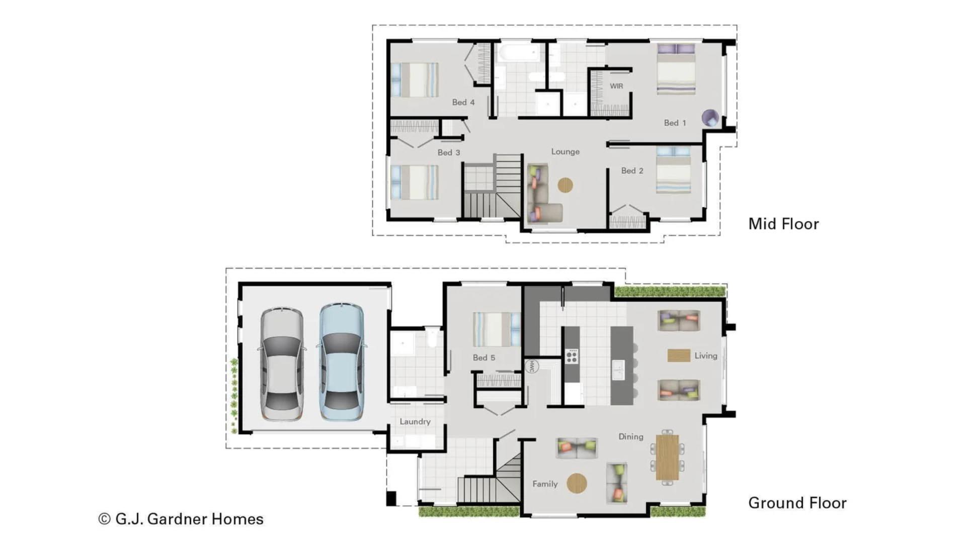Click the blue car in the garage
coord(342,362)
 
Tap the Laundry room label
coord(415,421)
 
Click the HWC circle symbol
coord(532,366)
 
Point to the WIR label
coord(616,86)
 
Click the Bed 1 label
coord(675,123)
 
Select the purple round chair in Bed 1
coord(710,118)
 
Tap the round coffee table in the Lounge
coord(566,185)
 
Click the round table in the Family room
coord(577,483)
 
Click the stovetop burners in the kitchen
coord(572,356)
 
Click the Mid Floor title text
coord(783,224)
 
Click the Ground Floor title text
coord(797,503)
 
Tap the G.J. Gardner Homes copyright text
coord(181,519)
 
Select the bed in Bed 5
coord(496,329)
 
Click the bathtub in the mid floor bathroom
coord(518,53)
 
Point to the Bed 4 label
coord(463,102)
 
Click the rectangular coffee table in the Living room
coord(678,355)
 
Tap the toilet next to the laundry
coord(432,338)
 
